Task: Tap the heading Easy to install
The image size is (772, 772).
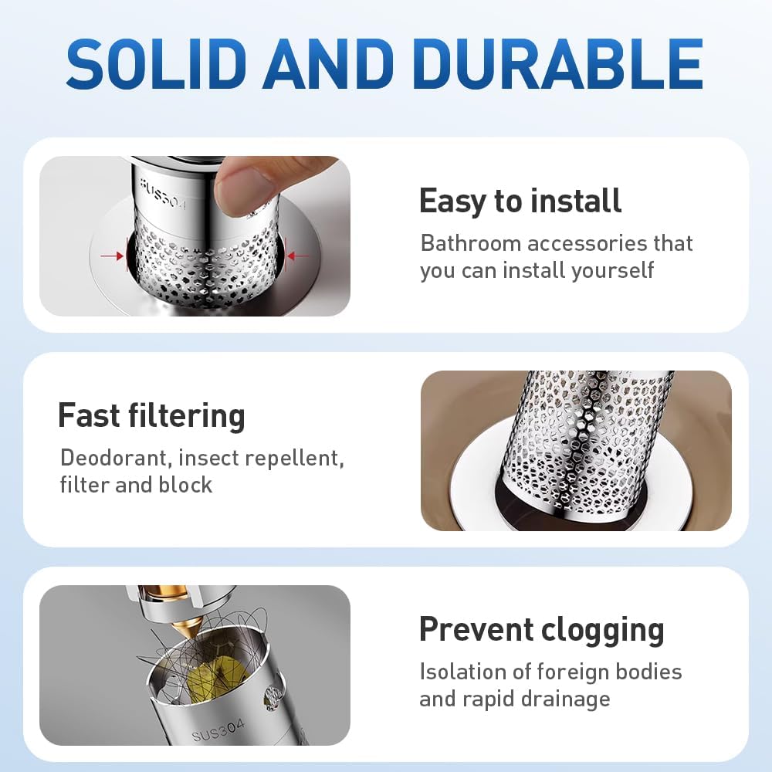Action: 520,201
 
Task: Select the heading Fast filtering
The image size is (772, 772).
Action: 151,416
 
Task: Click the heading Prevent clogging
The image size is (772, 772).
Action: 541,629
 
